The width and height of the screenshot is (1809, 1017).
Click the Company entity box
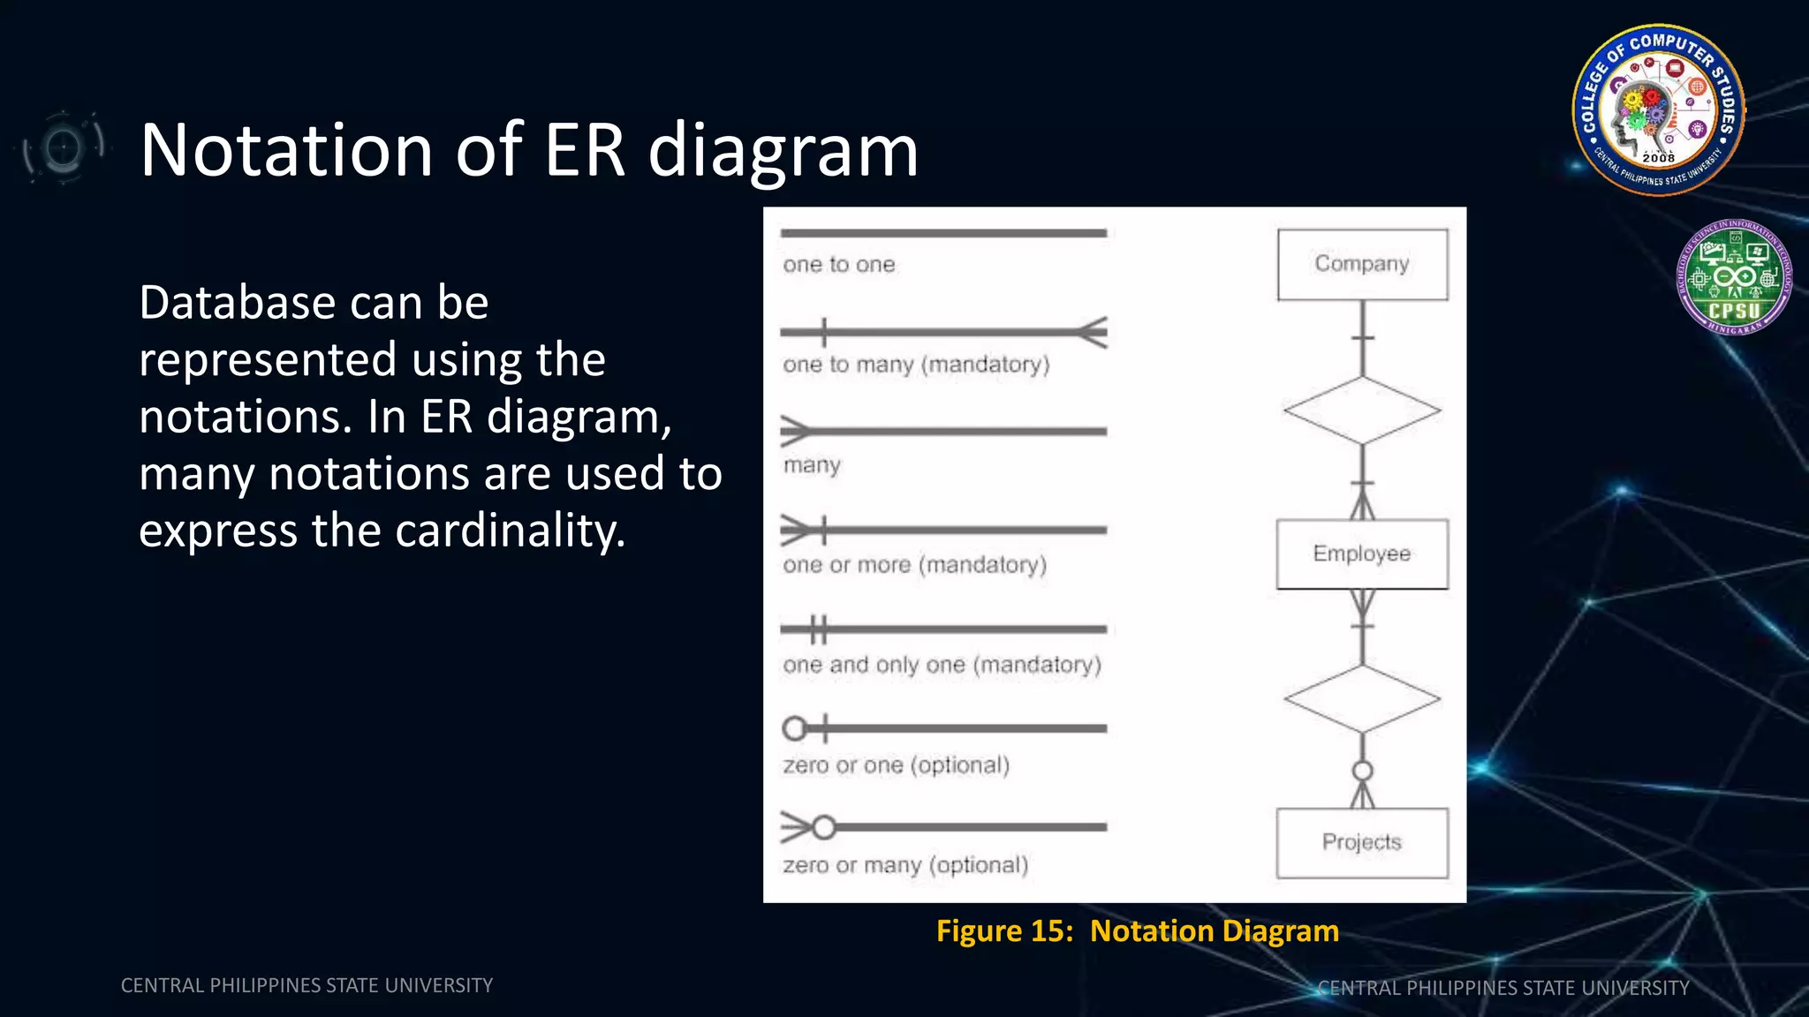1362,265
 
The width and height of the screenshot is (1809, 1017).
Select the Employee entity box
1362,554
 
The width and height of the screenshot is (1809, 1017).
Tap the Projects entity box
1362,843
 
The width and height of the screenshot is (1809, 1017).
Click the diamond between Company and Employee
1362,411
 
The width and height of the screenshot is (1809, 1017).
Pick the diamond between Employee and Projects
1362,699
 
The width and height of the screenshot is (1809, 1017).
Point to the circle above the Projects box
1363,771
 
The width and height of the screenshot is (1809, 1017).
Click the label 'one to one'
839,265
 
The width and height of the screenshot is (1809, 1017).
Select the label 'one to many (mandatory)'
916,365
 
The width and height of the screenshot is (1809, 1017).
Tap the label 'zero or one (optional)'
896,765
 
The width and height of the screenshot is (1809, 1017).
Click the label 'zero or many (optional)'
905,865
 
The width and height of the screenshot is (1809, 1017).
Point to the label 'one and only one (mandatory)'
942,665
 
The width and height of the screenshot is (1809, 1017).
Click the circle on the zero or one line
794,728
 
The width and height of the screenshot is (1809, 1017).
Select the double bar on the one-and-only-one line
819,629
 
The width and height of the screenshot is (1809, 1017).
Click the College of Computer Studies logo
1658,109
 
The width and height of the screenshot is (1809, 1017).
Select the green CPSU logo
1733,277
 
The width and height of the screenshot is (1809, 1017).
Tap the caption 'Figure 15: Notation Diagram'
1138,931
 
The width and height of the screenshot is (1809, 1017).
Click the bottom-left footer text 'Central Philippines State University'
307,985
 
